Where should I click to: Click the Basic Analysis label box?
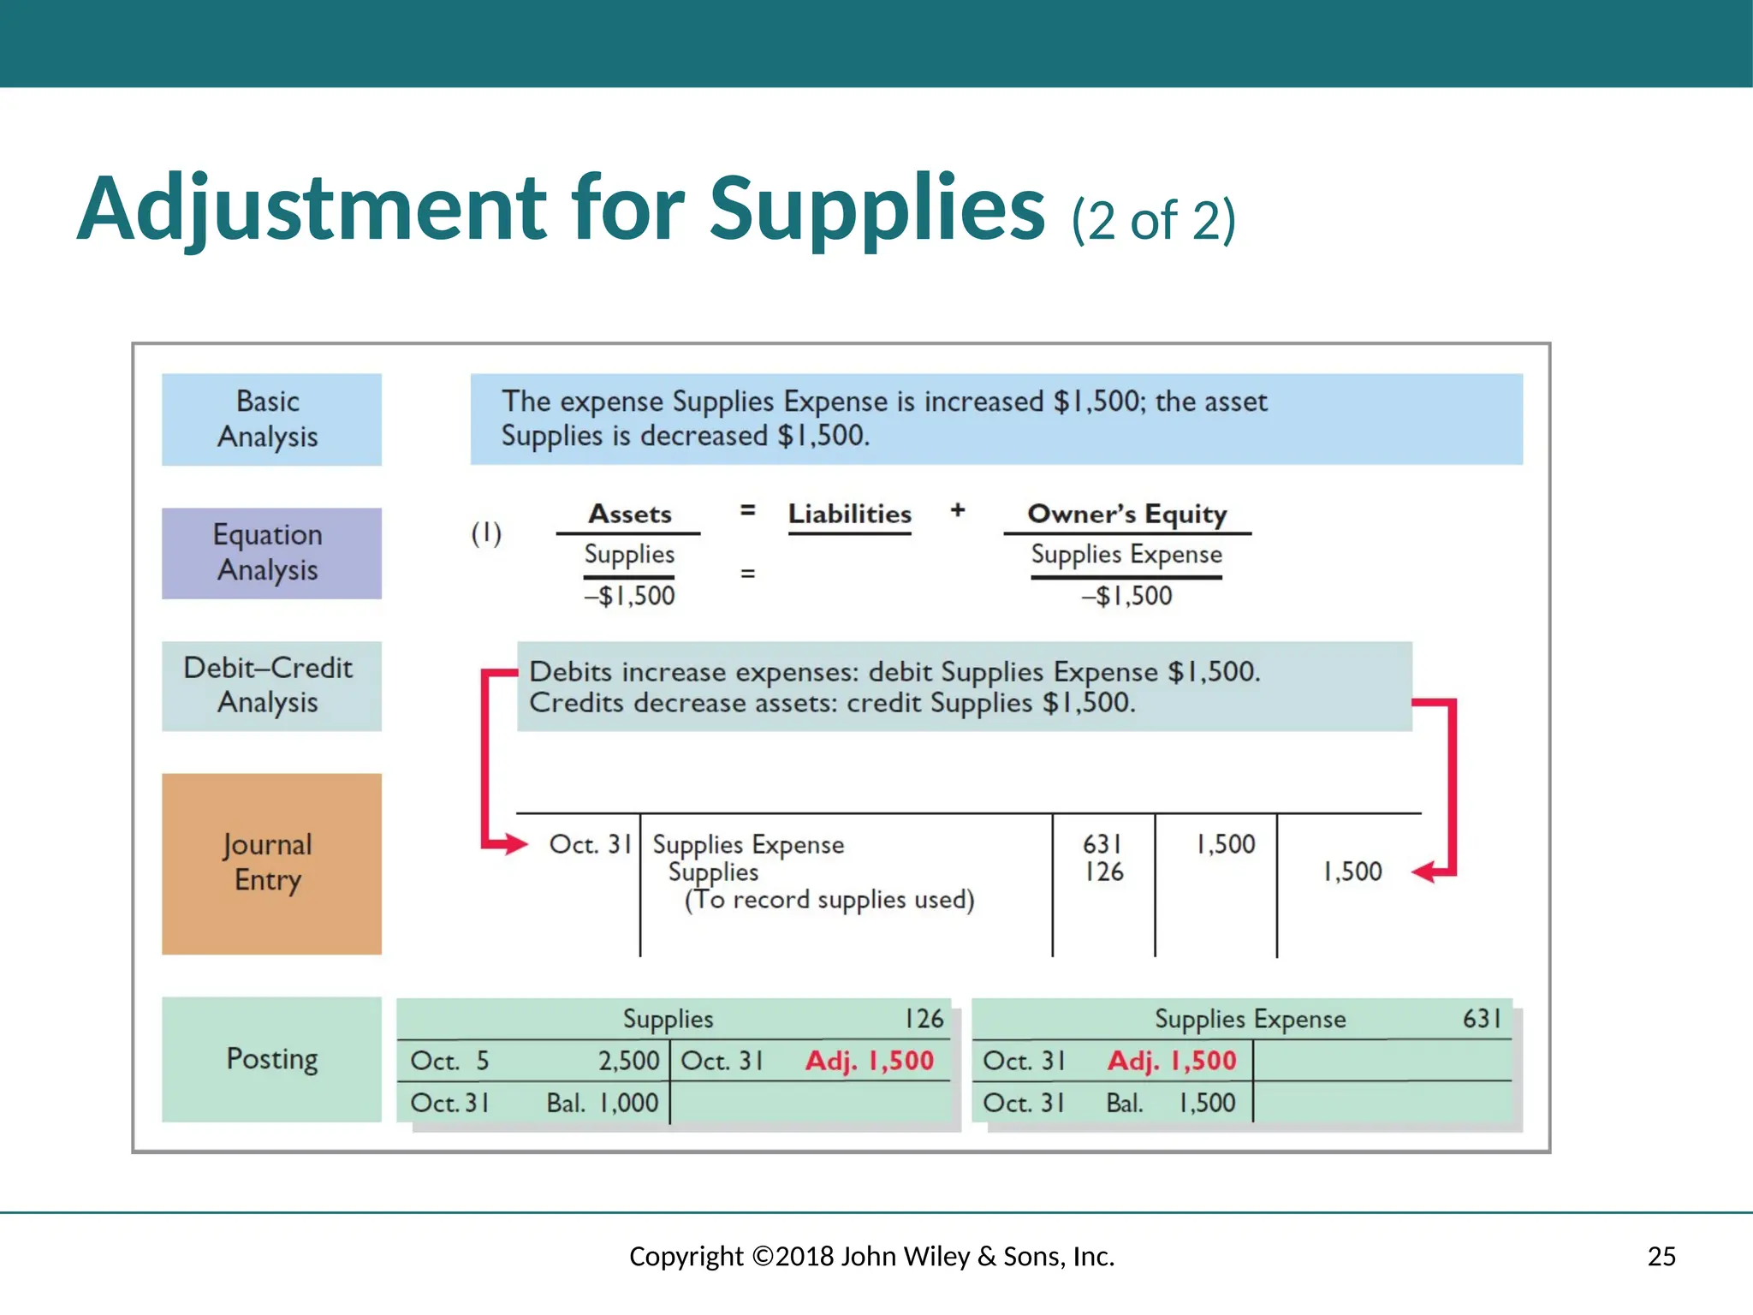[x=271, y=419]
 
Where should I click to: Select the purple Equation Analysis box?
[x=271, y=553]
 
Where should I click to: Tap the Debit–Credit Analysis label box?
[x=271, y=686]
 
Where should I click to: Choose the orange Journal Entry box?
[x=271, y=863]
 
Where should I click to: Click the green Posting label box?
[x=271, y=1059]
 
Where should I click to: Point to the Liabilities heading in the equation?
[x=849, y=514]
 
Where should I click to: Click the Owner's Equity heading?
[x=1126, y=514]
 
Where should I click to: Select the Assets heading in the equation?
[x=629, y=514]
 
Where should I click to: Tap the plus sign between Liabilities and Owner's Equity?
[x=958, y=510]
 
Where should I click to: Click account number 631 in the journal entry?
[x=1102, y=844]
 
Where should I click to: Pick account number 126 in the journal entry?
[x=1103, y=872]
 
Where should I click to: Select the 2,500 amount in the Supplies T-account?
[x=628, y=1061]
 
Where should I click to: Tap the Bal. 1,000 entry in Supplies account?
[x=603, y=1103]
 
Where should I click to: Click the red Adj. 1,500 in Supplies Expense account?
[x=1172, y=1061]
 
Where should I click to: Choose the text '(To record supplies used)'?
[x=829, y=900]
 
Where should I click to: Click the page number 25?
[x=1661, y=1256]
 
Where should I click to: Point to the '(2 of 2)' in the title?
[x=1153, y=221]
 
